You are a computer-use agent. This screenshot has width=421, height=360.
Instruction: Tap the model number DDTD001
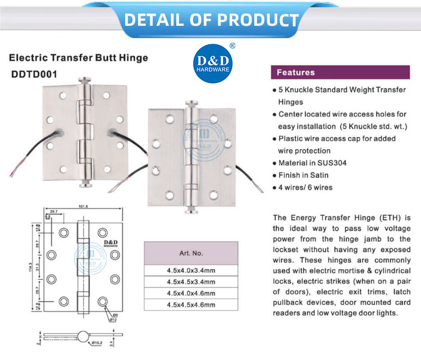(34, 73)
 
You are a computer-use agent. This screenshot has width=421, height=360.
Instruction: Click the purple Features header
(296, 72)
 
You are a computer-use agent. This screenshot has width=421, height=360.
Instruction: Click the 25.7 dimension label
(54, 211)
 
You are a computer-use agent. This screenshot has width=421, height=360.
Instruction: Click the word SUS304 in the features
(324, 163)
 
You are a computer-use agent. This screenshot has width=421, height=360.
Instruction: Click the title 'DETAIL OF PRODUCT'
(210, 20)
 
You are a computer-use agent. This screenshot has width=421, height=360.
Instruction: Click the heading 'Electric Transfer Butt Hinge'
(78, 57)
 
